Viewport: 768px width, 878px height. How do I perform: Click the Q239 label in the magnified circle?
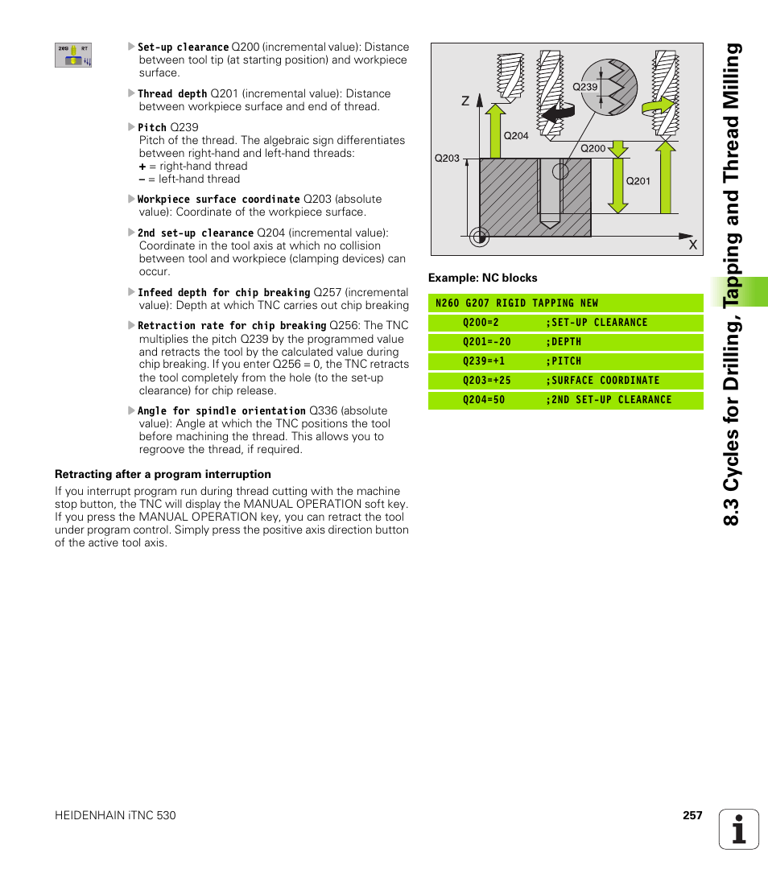pos(584,87)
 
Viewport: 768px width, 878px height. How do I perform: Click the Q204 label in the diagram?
pos(515,135)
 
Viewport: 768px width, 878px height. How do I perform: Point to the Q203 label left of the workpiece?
pos(447,158)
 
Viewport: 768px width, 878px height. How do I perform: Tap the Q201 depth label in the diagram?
pos(638,181)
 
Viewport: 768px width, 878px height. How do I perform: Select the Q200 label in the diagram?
pos(593,148)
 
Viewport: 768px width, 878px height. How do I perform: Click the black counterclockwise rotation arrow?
pos(558,113)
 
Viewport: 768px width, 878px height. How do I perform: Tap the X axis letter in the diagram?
pos(692,244)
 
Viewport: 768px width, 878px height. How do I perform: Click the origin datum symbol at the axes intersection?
pos(479,236)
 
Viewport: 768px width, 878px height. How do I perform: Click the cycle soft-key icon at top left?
pos(73,56)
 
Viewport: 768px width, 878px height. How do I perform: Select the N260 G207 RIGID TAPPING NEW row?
pos(516,303)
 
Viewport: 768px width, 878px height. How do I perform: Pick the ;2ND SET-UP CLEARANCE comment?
pos(608,400)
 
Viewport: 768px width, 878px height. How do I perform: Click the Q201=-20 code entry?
pos(487,342)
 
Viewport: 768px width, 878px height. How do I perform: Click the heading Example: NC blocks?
pos(482,278)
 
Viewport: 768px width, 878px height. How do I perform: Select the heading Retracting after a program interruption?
pos(163,474)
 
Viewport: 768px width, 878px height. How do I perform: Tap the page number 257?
pos(692,815)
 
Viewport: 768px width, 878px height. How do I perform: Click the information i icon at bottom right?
pos(739,829)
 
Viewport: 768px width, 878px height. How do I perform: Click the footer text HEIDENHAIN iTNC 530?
pos(115,815)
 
